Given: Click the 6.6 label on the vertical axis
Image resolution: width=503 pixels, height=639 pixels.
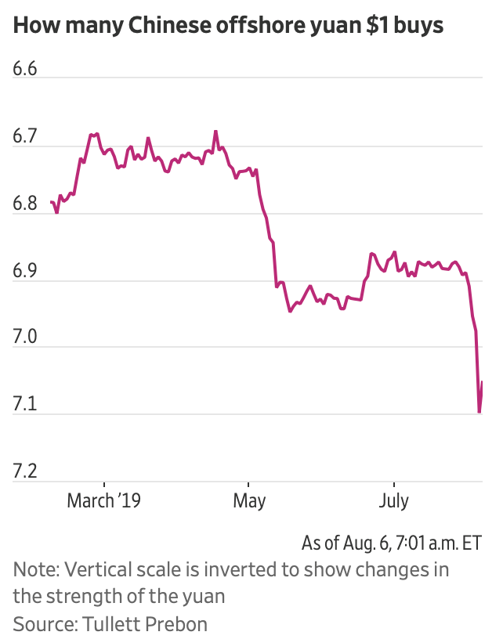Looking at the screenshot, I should click(25, 69).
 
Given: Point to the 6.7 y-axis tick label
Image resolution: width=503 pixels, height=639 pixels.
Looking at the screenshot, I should click(25, 136).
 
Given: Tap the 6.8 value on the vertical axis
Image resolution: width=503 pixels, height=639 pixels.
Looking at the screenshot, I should click(25, 204).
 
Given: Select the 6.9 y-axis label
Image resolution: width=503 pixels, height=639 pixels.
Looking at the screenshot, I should click(25, 271).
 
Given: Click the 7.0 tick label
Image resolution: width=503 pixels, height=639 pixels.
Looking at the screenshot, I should click(25, 338).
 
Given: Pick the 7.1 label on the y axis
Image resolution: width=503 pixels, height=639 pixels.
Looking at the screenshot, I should click(25, 405).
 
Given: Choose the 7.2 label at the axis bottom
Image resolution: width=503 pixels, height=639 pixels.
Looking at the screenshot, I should click(25, 472).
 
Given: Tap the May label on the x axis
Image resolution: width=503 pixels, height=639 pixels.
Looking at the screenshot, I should click(249, 500).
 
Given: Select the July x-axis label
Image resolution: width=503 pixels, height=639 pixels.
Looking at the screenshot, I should click(393, 500).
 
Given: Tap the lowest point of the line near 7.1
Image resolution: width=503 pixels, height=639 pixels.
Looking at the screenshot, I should click(479, 412).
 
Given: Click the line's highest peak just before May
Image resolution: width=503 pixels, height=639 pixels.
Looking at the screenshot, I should click(215, 132).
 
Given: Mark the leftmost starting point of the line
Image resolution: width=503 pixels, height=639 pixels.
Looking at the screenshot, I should click(51, 203).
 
